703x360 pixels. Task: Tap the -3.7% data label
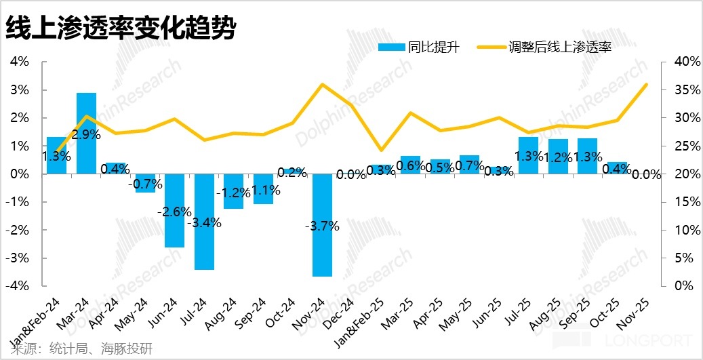pyautogui.click(x=323, y=226)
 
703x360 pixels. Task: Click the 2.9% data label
pyautogui.click(x=87, y=134)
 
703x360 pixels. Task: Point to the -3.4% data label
pyautogui.click(x=205, y=221)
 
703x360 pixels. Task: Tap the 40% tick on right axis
pyautogui.click(x=680, y=62)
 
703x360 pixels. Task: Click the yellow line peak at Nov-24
pyautogui.click(x=322, y=85)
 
